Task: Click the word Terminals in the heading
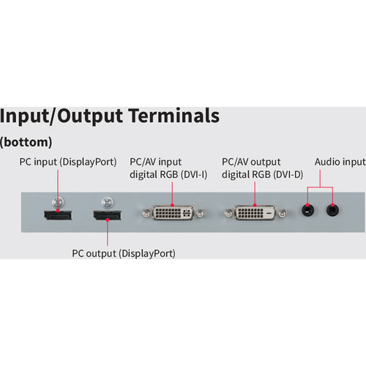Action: pos(174,116)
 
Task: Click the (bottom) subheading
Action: pos(26,142)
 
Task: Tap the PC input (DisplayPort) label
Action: pos(68,162)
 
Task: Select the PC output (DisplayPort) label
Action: pos(124,253)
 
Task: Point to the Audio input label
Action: pos(340,162)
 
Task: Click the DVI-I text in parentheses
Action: pos(194,174)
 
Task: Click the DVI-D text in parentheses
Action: pos(288,174)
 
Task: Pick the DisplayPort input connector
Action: pos(58,215)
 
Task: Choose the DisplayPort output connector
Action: pos(108,215)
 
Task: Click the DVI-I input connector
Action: pos(173,212)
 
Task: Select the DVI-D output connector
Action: pos(255,212)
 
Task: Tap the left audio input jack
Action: pos(307,210)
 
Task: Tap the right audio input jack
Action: pos(332,210)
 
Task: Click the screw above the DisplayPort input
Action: pos(58,202)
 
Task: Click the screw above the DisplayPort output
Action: pos(108,202)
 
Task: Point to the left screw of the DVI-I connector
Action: pos(146,213)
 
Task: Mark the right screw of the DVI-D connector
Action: pos(283,213)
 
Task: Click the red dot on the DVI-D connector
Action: pos(255,206)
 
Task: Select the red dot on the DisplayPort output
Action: pos(108,220)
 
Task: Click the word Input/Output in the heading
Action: pos(61,116)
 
